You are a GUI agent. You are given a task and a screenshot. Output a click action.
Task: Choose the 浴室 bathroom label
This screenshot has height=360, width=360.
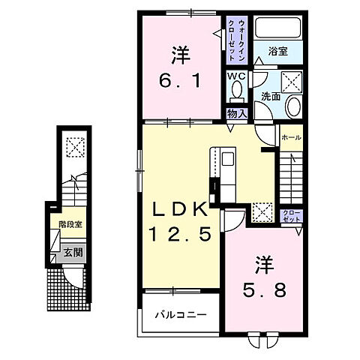click(279, 52)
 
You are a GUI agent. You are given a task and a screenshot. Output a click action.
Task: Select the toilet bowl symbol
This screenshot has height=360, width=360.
click(236, 91)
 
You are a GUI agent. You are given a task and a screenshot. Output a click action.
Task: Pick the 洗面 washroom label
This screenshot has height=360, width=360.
click(270, 96)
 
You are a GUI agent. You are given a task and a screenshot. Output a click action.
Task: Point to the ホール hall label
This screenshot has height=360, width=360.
click(290, 138)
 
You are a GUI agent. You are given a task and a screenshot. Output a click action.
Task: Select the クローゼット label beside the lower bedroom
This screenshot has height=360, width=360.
click(291, 217)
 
